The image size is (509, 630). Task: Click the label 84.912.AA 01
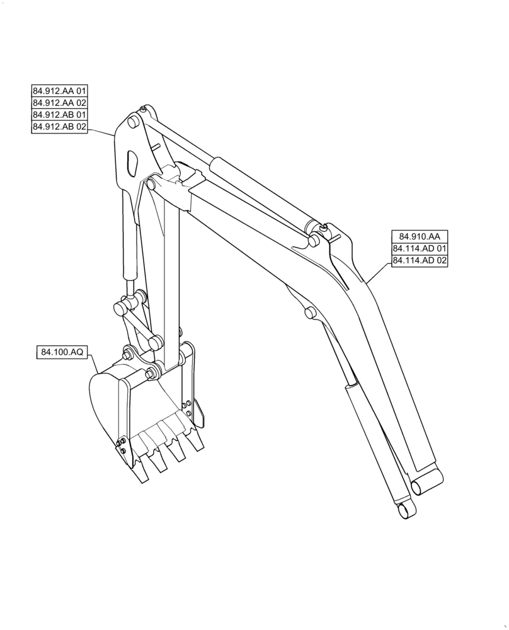[60, 90]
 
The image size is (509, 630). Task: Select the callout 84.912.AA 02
[60, 103]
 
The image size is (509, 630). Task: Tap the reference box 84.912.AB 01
[60, 115]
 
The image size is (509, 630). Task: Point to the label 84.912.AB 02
[60, 128]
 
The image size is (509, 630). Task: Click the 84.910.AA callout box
[419, 236]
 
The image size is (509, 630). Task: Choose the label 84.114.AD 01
[419, 248]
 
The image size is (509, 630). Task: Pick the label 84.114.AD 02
[419, 261]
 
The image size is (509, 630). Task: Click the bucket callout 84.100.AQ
[63, 353]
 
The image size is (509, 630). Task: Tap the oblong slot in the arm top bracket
[132, 162]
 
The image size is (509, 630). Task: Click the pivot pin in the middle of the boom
[309, 312]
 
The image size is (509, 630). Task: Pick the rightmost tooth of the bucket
[198, 442]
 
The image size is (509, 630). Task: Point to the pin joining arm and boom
[151, 183]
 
